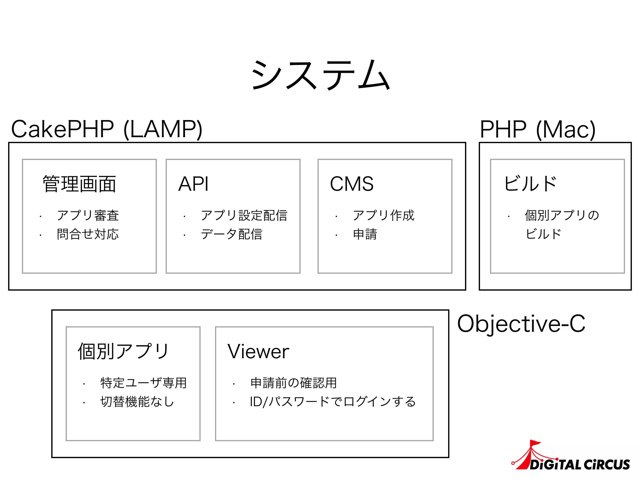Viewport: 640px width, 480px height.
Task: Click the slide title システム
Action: coord(320,75)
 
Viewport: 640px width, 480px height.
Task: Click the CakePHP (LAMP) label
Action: coord(107,129)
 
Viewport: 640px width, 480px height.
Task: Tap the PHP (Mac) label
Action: coord(537,129)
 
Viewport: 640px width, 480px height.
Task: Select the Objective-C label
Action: coord(521,324)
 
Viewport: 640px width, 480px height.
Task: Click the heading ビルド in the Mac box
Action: coord(530,184)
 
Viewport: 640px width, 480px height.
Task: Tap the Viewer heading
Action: coord(258,352)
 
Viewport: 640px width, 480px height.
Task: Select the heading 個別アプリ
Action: coord(123,352)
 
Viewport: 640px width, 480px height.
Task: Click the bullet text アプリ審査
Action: coord(88,215)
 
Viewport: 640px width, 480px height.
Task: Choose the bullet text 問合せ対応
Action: coord(88,234)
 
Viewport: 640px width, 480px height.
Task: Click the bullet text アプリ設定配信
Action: coord(244,215)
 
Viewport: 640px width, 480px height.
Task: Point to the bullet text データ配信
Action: coord(232,234)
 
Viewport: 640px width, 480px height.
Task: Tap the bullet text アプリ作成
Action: coord(383,215)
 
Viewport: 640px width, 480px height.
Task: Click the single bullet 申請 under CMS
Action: coord(365,234)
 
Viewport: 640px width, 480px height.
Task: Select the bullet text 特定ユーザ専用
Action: coord(143,383)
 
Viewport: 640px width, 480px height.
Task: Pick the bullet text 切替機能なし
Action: coord(137,402)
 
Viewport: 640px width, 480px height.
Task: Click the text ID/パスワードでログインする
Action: coord(333,402)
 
